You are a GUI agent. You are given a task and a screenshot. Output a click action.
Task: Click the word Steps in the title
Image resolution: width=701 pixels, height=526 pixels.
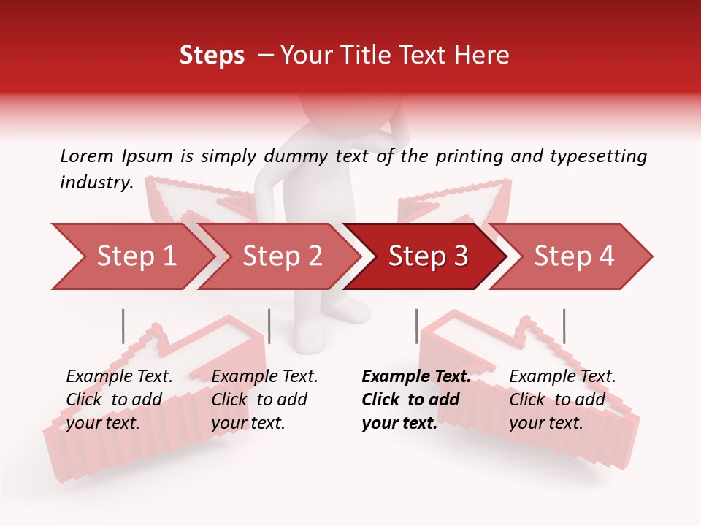[212, 56]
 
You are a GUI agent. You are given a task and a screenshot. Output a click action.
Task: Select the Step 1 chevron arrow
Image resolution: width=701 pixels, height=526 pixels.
[131, 256]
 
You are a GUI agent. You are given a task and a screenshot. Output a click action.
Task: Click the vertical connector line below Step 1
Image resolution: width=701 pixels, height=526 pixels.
[123, 326]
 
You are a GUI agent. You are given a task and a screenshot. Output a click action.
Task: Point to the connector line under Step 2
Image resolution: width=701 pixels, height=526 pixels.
[269, 326]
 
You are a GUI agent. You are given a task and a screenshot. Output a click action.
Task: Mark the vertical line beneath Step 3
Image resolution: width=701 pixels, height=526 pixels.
[416, 326]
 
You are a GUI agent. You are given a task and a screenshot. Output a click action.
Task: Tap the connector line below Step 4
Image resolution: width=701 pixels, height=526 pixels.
[564, 326]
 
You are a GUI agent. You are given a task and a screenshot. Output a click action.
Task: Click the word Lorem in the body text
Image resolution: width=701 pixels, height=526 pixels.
[87, 156]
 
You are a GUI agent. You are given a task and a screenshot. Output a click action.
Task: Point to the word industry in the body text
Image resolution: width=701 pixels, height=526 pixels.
[96, 183]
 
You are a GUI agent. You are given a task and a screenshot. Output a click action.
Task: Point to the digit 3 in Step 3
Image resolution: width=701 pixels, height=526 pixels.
[460, 256]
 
